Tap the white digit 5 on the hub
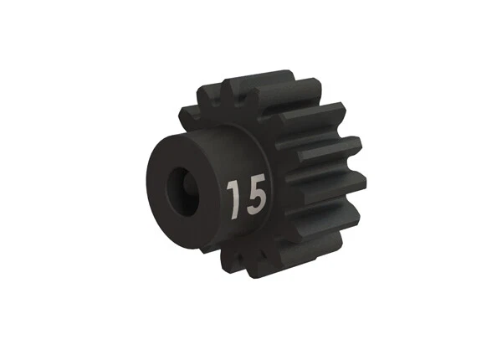[254, 197]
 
